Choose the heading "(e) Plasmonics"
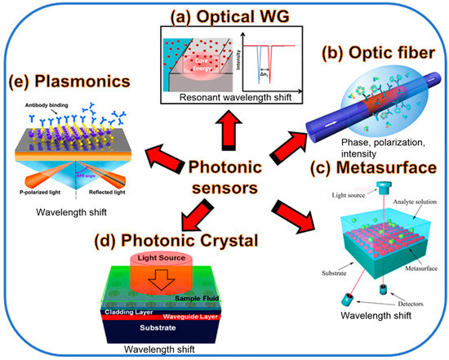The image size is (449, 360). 68,82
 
